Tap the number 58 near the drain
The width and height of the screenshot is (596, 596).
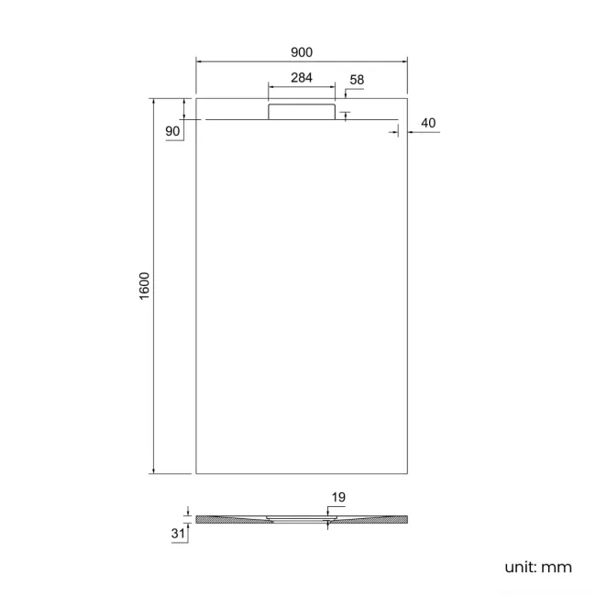[x=357, y=81]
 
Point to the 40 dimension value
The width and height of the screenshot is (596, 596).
[x=427, y=123]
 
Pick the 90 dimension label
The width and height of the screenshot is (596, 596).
[x=172, y=131]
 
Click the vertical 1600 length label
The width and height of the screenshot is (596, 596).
[x=144, y=286]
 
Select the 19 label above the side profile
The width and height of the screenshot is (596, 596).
[x=337, y=498]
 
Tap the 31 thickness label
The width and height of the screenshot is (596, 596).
[x=177, y=533]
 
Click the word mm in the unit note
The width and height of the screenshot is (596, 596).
[x=556, y=568]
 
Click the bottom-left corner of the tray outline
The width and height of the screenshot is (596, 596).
[x=196, y=474]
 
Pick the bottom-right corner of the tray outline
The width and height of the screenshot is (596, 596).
[x=406, y=474]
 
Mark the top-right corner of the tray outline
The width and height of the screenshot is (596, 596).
[x=406, y=96]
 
